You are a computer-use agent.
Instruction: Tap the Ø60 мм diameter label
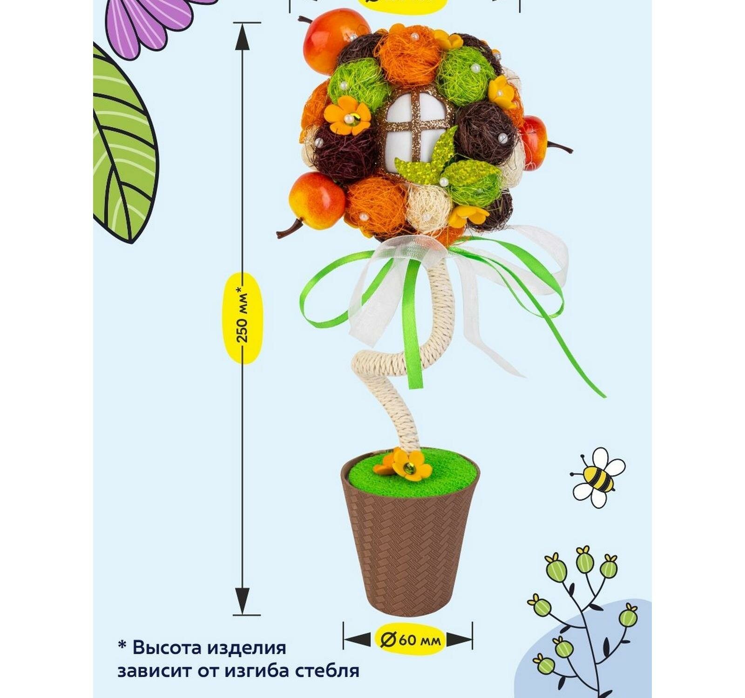409,640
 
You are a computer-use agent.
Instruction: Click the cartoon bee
597,477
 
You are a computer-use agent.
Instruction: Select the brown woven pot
409,549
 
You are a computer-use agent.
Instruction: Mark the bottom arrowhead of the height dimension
242,600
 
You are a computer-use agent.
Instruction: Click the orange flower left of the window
347,116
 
